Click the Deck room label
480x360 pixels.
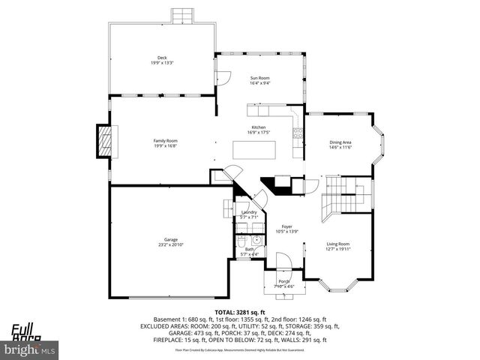click(x=162, y=60)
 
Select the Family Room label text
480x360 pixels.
click(x=165, y=143)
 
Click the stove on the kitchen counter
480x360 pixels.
click(x=298, y=135)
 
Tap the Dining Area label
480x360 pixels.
click(x=340, y=145)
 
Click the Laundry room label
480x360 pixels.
click(x=249, y=214)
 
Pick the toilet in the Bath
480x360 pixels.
click(x=242, y=241)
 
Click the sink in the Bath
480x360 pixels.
click(x=256, y=241)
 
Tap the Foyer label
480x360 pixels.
click(x=286, y=229)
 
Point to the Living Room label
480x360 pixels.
click(x=337, y=246)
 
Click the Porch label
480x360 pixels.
click(x=284, y=283)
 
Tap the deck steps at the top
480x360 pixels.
click(x=181, y=16)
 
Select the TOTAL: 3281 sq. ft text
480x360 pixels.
click(x=240, y=311)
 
